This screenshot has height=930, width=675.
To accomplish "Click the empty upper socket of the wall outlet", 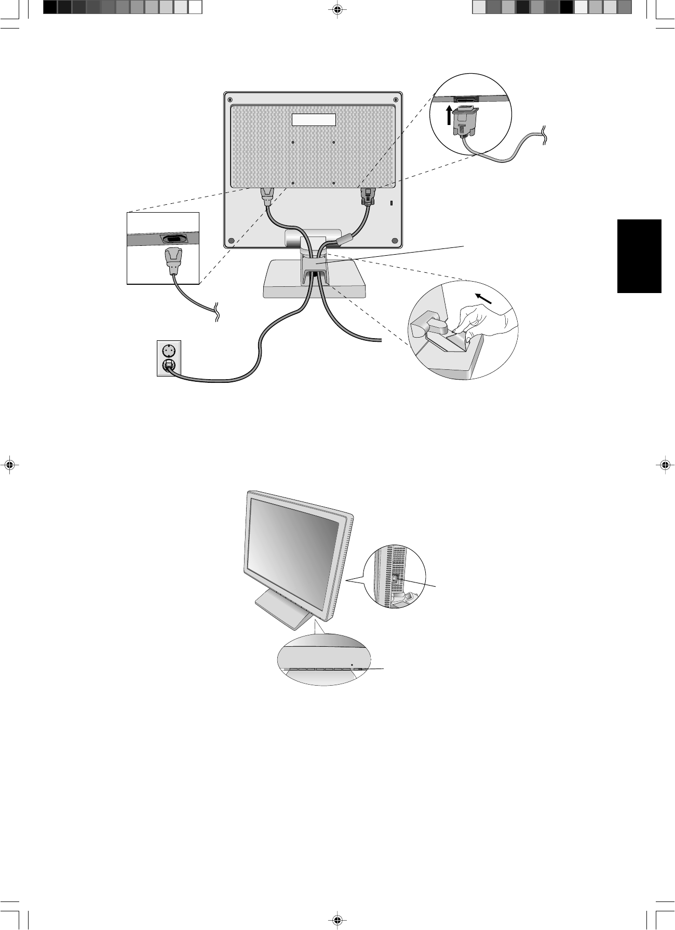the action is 169,350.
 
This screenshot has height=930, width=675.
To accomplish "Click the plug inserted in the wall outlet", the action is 169,366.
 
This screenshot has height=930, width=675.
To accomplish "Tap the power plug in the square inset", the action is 173,261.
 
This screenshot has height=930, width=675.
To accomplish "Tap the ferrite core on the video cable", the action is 345,240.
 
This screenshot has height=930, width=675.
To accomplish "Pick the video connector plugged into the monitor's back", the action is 368,197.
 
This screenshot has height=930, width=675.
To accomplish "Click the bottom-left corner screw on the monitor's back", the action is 231,241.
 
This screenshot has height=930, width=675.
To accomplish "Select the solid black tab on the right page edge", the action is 639,256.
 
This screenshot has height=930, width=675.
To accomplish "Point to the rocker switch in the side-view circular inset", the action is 396,579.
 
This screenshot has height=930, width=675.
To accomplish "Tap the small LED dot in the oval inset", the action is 352,664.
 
